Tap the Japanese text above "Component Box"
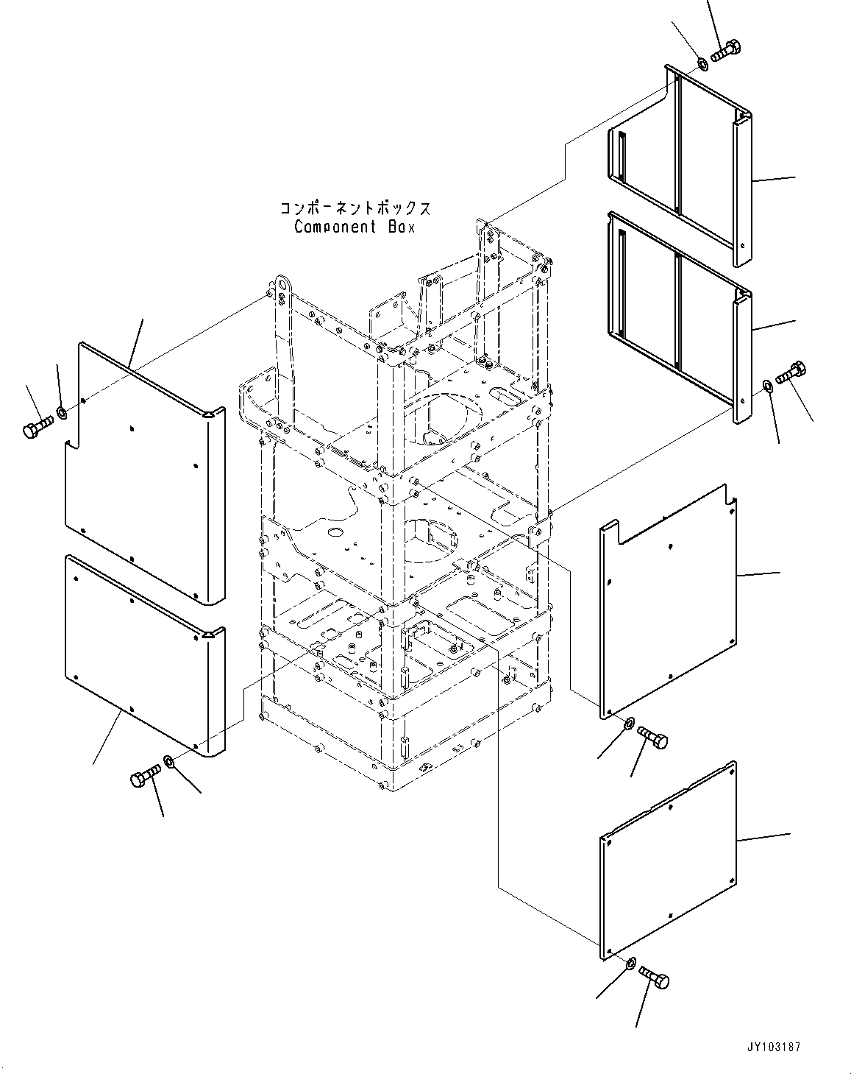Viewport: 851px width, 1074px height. pos(355,208)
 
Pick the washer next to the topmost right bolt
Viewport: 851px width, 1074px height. pos(702,64)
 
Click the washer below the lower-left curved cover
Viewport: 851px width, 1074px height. pos(169,760)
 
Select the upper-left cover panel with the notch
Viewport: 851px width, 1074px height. pos(140,471)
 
